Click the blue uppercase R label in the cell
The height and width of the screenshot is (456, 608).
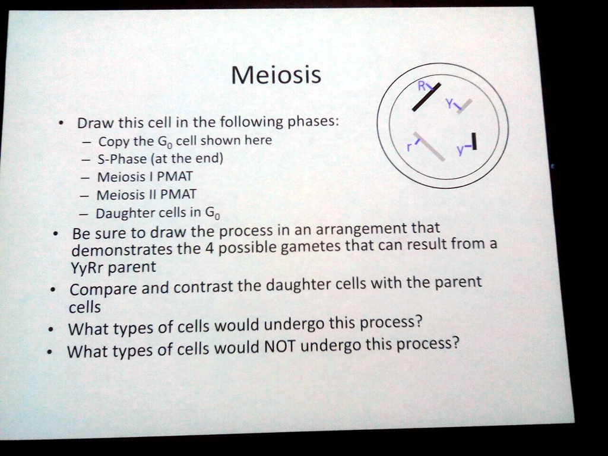421,85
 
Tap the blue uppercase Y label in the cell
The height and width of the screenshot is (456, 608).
450,102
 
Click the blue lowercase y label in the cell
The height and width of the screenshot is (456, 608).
460,151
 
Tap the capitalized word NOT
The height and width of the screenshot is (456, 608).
279,346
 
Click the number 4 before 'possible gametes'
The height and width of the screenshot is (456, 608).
208,248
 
